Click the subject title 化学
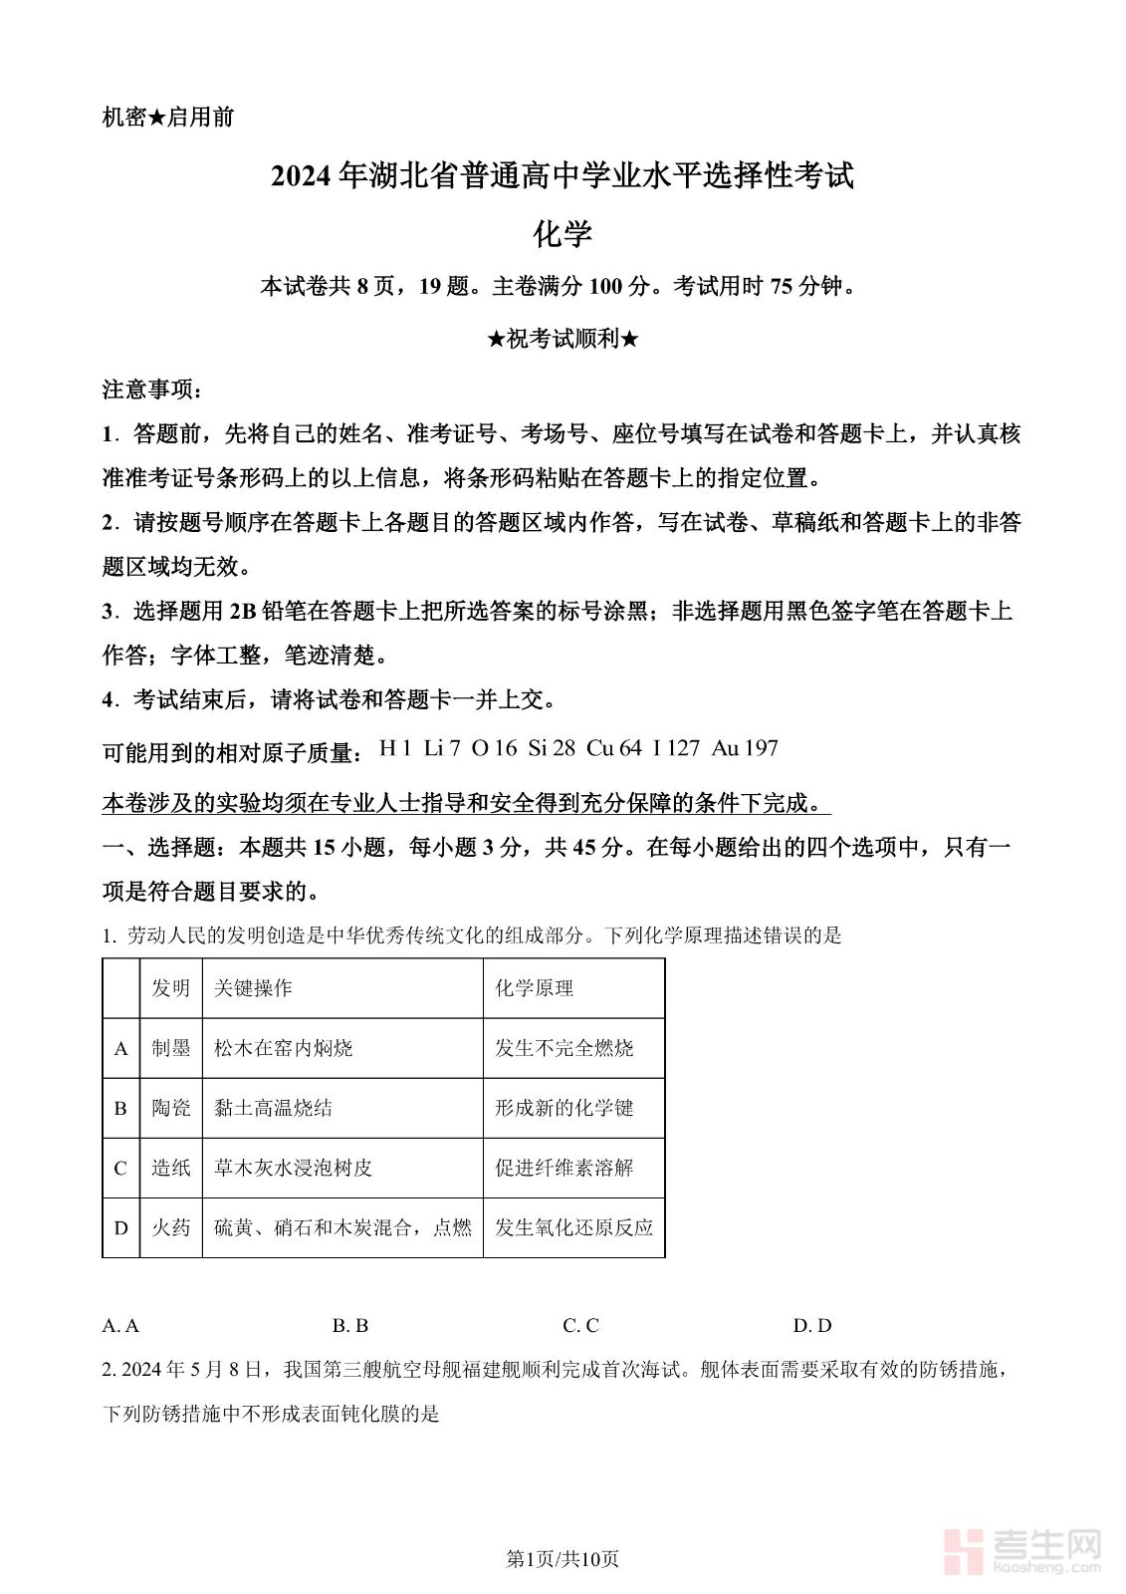pyautogui.click(x=563, y=234)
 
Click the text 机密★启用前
pyautogui.click(x=168, y=118)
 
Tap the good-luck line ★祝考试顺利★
pyautogui.click(x=563, y=339)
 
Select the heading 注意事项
pyautogui.click(x=151, y=390)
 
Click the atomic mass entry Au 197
pyautogui.click(x=745, y=748)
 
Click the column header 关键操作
pyautogui.click(x=253, y=988)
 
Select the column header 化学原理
pyautogui.click(x=535, y=988)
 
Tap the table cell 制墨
pyautogui.click(x=171, y=1048)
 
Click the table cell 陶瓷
pyautogui.click(x=171, y=1108)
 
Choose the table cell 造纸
pyautogui.click(x=171, y=1168)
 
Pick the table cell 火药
pyautogui.click(x=171, y=1227)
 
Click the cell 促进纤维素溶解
pyautogui.click(x=564, y=1168)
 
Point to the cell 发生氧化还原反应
pyautogui.click(x=574, y=1227)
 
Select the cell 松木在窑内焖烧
pyautogui.click(x=284, y=1048)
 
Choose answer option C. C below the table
pyautogui.click(x=580, y=1326)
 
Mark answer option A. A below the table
pyautogui.click(x=120, y=1326)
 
